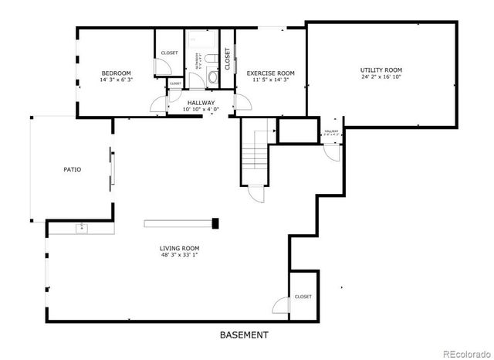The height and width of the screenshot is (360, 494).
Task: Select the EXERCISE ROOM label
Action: (270, 73)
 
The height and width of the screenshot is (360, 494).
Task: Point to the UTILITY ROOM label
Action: (381, 70)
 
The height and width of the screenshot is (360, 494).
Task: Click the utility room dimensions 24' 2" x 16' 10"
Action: (381, 77)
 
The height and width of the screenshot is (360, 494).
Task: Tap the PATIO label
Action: (73, 169)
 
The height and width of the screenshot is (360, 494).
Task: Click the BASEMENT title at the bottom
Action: (244, 335)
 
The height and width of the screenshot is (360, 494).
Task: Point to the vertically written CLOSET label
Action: (228, 59)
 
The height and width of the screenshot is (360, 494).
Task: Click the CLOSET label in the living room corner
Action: (303, 297)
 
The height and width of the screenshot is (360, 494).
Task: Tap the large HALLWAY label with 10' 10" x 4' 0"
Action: (201, 106)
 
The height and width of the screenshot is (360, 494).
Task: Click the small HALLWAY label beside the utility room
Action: (331, 132)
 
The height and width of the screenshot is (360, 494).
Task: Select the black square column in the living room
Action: (215, 224)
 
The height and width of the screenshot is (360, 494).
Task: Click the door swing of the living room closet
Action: (279, 305)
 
